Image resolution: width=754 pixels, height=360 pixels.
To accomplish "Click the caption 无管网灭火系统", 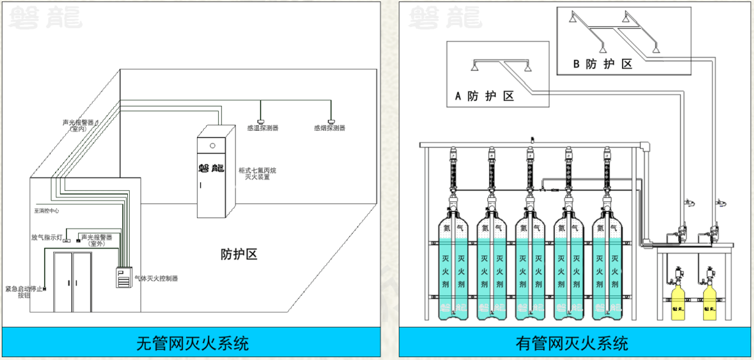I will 192,343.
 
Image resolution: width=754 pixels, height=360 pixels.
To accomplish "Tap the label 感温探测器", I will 262,128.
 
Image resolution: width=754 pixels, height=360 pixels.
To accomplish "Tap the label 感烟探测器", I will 330,128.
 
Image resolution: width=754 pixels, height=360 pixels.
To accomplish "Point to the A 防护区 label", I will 484,96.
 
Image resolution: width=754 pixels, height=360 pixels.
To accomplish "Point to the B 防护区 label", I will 602,64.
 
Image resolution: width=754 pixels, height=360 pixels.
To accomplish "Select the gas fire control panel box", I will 125,278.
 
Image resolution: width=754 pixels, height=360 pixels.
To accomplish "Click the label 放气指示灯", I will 47,237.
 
